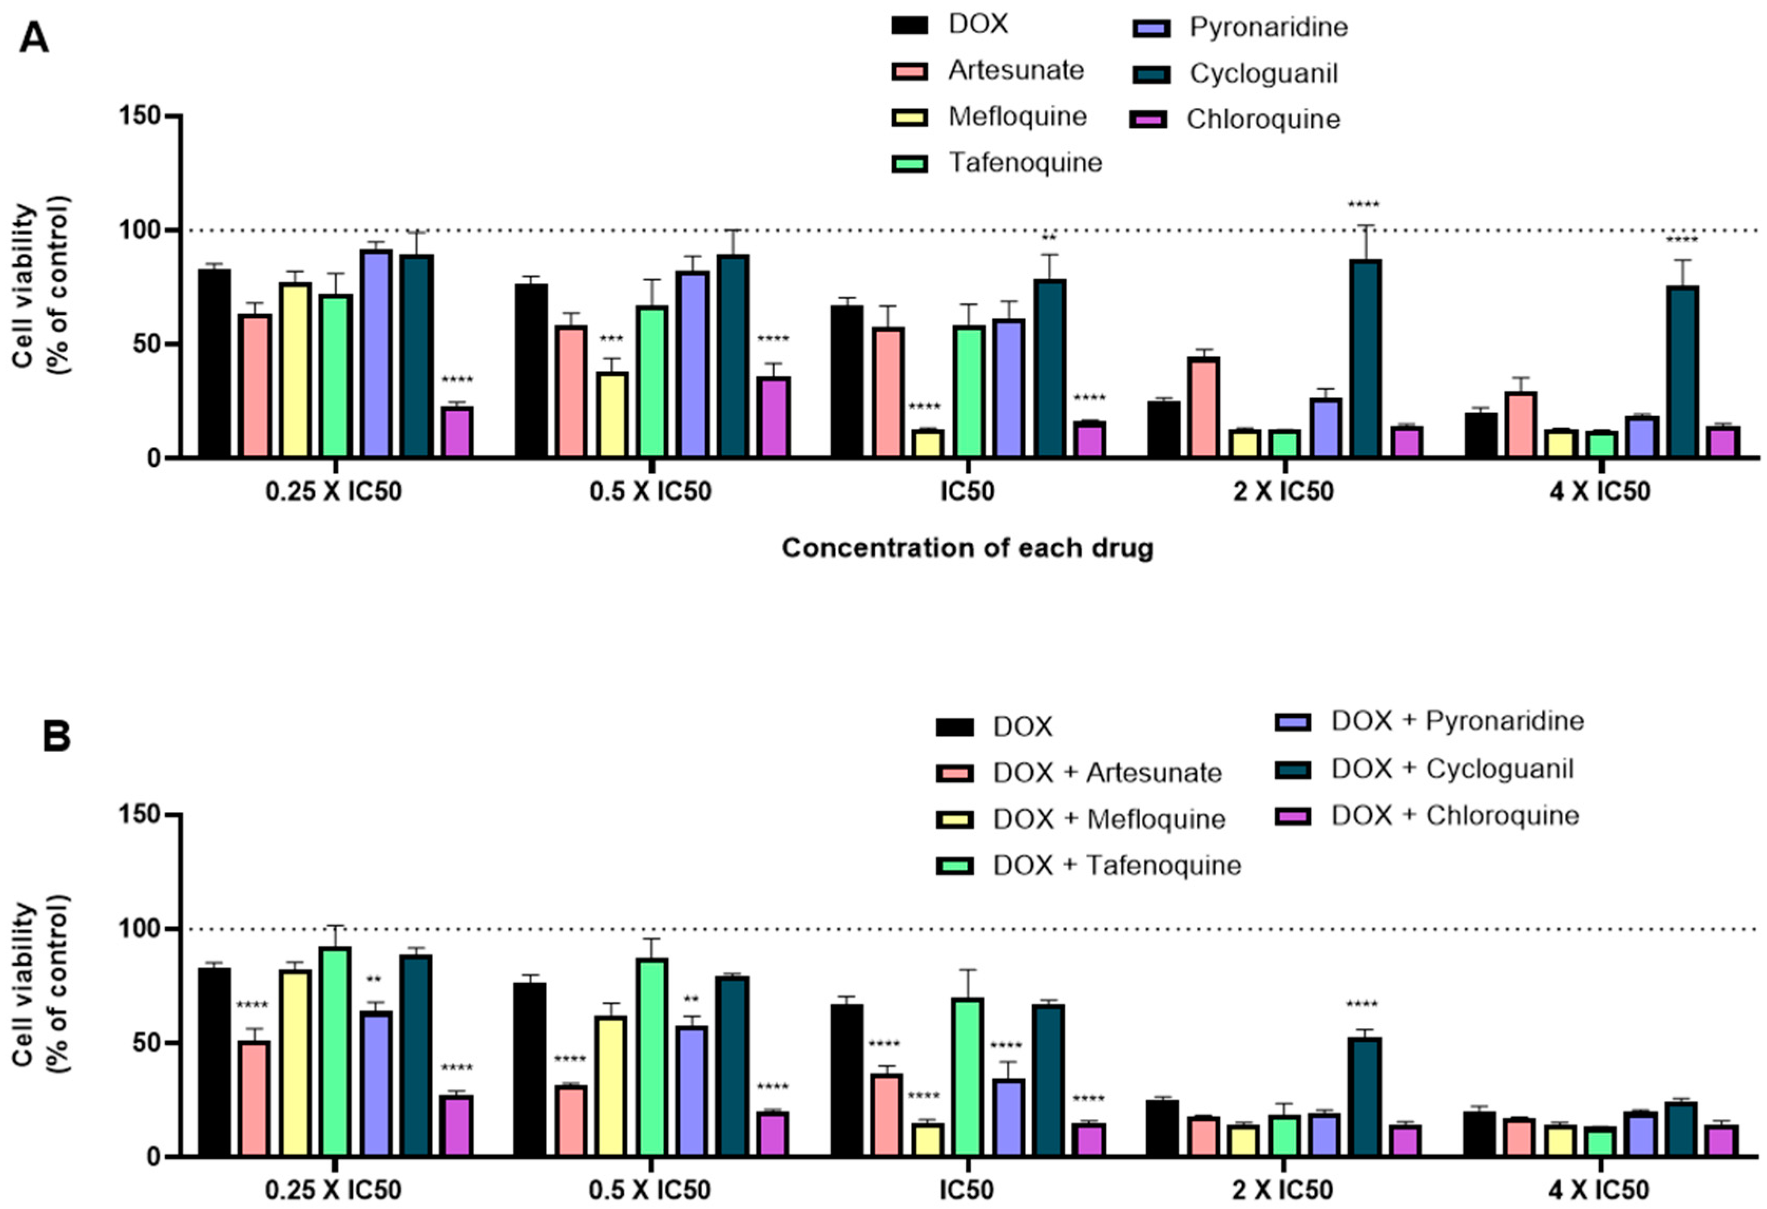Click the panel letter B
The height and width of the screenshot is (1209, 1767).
[56, 737]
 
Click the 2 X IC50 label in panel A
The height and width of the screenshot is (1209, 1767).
[1283, 492]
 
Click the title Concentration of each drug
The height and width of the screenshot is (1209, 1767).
[967, 548]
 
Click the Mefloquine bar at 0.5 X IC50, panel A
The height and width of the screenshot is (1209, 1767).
[611, 415]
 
